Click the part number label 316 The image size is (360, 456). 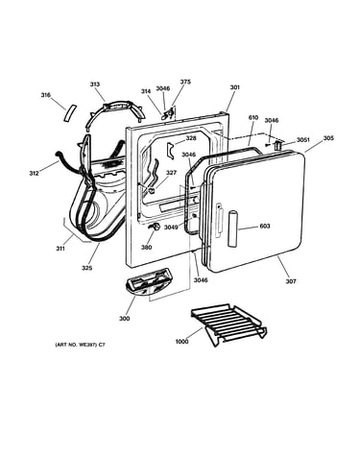tap(46, 95)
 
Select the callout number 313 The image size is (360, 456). tap(94, 84)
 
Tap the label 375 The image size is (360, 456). tap(185, 82)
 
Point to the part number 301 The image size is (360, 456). tap(234, 87)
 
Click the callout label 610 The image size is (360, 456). tap(253, 117)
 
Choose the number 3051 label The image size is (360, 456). tap(302, 140)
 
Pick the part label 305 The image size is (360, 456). tap(328, 138)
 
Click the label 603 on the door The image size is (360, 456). tap(265, 226)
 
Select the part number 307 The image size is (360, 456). tap(291, 281)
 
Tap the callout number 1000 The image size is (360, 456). tap(181, 342)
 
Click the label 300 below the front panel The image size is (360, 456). tap(125, 319)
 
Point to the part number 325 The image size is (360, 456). tap(86, 268)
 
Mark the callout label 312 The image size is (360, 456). tap(34, 173)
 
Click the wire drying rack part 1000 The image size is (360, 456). tap(228, 324)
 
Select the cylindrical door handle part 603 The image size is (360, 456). tap(232, 228)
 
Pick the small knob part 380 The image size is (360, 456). tap(156, 227)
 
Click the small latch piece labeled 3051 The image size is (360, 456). tap(277, 145)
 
